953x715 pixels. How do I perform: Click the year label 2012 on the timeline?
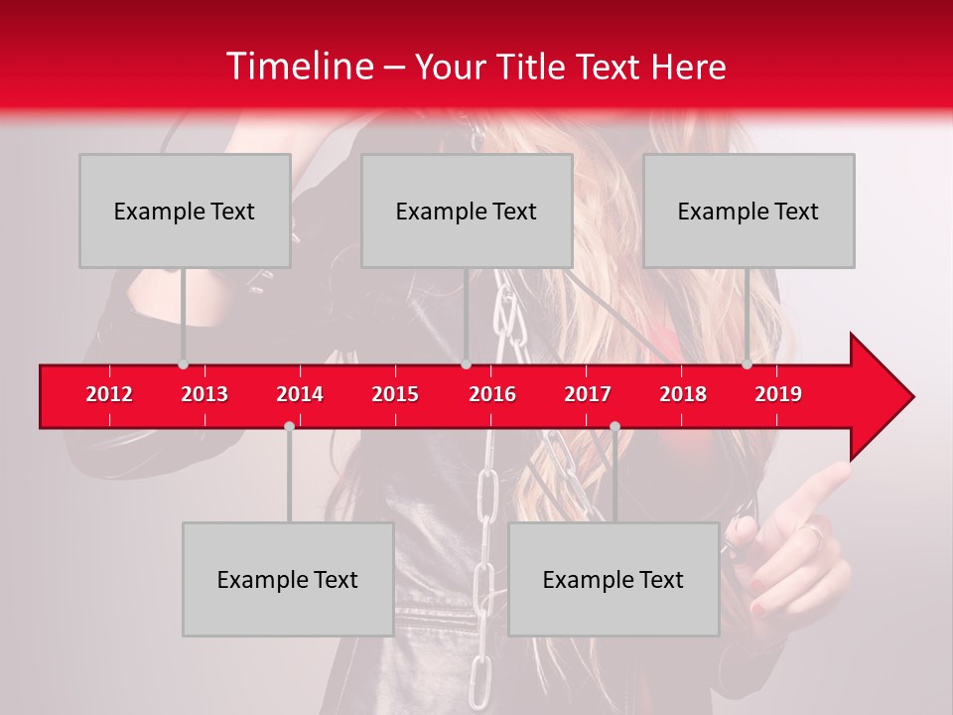[109, 394]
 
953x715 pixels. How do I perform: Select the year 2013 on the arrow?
[204, 394]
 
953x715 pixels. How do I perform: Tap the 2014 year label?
[300, 394]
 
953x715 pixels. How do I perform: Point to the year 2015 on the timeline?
[395, 394]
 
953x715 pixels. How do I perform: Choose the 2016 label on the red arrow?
[492, 394]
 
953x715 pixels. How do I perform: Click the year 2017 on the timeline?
[588, 394]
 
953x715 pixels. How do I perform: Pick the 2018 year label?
[683, 394]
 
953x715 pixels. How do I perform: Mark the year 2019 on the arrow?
[778, 394]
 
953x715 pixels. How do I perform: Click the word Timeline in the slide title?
[299, 67]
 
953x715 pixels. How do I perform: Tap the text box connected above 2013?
[185, 211]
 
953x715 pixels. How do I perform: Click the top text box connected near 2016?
[467, 211]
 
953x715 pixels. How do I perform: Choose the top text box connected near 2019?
[749, 211]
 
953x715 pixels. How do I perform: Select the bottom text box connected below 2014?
[288, 579]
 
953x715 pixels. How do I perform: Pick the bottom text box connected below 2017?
[613, 579]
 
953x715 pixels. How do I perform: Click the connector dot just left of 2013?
[184, 364]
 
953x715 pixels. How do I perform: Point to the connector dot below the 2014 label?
[289, 426]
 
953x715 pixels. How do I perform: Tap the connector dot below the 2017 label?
[614, 426]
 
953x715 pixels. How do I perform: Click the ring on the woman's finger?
[812, 535]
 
